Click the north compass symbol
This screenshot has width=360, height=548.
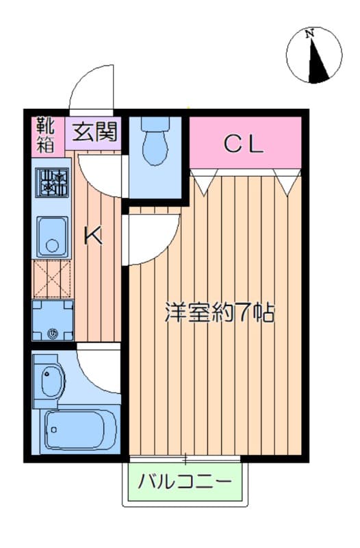point(313,55)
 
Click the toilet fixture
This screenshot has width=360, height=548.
point(154,140)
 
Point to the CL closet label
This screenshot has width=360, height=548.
point(244,144)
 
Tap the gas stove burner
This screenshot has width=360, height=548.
point(53,183)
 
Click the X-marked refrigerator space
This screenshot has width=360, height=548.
point(52,279)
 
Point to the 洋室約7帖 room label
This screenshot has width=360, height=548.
point(219,313)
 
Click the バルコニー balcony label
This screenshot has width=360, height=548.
point(184,482)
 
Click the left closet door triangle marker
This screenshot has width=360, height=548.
point(202,182)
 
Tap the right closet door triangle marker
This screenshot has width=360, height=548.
point(287,182)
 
